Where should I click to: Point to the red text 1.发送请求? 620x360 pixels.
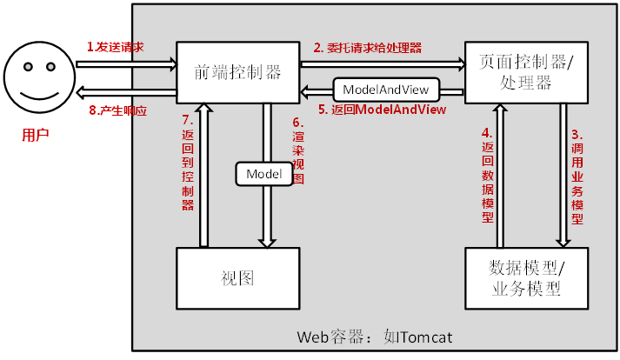click(116, 46)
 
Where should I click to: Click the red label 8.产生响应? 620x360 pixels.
click(118, 110)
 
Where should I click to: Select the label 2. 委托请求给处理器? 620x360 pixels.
click(368, 48)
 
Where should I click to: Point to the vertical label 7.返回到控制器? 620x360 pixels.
click(188, 163)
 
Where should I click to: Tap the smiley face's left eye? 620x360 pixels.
click(26, 66)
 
